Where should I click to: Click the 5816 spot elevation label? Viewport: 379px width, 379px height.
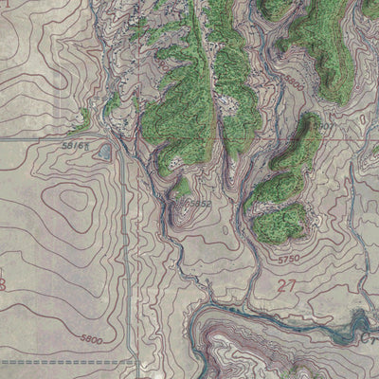[76, 147]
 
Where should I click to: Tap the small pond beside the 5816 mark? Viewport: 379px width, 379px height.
[104, 152]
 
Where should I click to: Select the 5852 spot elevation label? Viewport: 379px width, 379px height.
[196, 203]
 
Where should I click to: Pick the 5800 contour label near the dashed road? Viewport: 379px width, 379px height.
[91, 338]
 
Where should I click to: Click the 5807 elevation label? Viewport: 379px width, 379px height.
[324, 125]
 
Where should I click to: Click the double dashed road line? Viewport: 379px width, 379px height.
[57, 362]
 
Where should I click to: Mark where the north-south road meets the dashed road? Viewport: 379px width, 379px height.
[135, 362]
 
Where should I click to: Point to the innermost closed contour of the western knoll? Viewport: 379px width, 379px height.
[71, 202]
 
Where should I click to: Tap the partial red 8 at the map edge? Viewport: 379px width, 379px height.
[4, 284]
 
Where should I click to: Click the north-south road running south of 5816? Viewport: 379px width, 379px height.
[125, 246]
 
